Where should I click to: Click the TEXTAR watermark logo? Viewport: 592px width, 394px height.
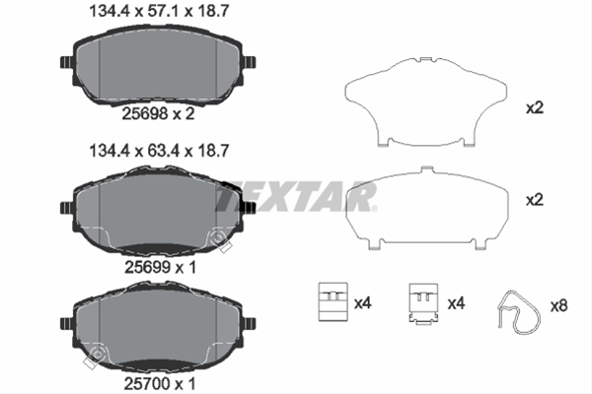pyautogui.click(x=296, y=199)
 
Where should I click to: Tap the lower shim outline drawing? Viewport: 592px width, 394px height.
pyautogui.click(x=428, y=210)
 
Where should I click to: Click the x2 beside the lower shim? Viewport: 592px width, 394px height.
pyautogui.click(x=536, y=200)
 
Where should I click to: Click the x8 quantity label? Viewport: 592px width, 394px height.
pyautogui.click(x=559, y=305)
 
